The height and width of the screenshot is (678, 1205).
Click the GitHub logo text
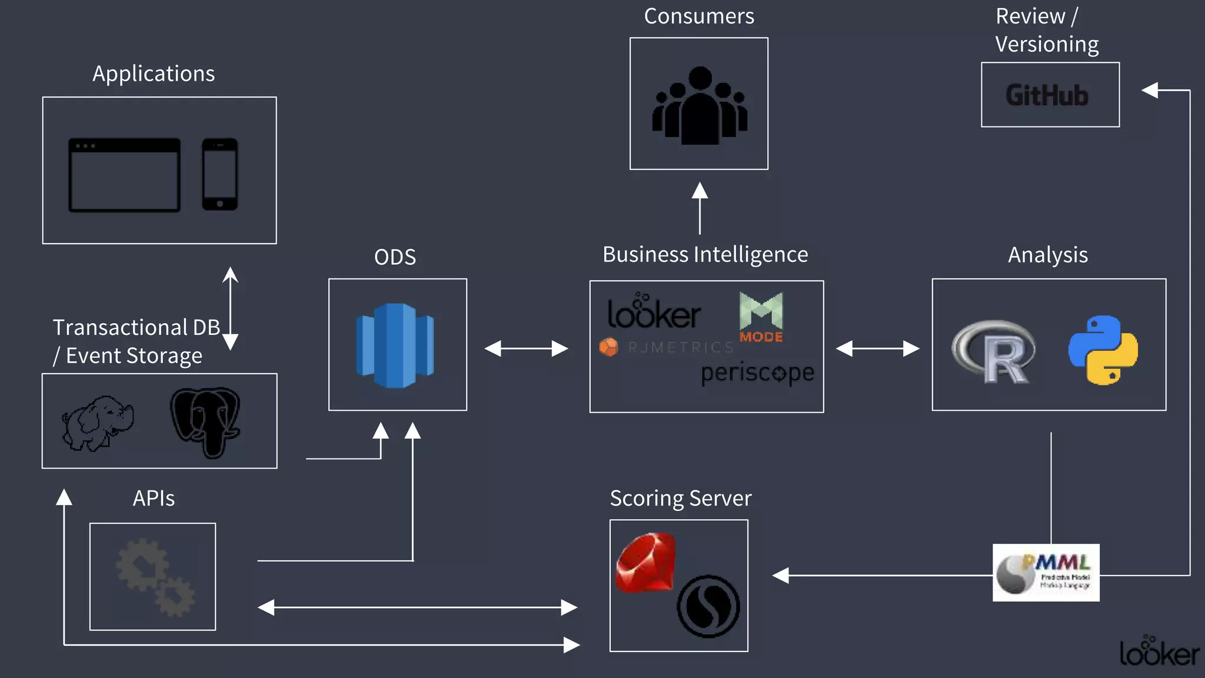(1047, 95)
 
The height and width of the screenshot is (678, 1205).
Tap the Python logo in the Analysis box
(1103, 350)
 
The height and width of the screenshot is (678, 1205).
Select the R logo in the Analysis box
(995, 352)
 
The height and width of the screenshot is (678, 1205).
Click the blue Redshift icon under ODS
(395, 345)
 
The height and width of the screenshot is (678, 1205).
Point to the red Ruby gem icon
(645, 562)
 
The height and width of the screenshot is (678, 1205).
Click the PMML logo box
(1046, 573)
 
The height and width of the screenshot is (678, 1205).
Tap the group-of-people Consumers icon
(699, 106)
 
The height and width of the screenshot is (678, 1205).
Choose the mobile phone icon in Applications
(220, 174)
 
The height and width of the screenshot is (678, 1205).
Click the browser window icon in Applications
(124, 175)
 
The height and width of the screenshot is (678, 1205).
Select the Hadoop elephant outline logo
(98, 423)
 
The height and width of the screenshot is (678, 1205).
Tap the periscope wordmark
(757, 373)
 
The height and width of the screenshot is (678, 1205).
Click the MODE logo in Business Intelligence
(761, 317)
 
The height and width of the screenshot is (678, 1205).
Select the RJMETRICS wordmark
(668, 347)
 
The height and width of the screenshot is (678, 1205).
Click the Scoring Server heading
(680, 498)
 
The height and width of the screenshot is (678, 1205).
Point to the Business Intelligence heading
(705, 254)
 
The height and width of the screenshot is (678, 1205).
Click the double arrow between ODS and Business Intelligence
(526, 348)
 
